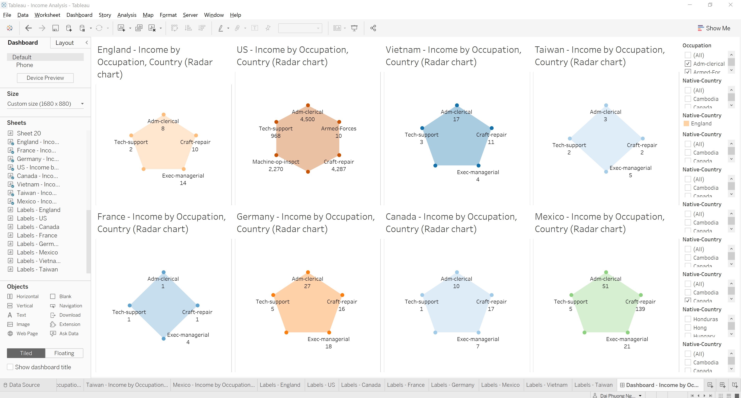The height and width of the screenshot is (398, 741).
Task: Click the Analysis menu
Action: [127, 15]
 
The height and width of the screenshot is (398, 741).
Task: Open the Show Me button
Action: [714, 28]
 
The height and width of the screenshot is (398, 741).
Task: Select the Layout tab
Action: [64, 43]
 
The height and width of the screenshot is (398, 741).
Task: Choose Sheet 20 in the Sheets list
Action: [29, 133]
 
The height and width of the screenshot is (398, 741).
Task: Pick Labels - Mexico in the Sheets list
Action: [37, 252]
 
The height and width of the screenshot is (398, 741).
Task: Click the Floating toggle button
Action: [64, 353]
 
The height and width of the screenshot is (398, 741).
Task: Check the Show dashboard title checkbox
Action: [10, 367]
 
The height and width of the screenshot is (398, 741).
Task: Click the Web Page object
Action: [27, 333]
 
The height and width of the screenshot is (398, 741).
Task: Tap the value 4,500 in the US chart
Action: [307, 119]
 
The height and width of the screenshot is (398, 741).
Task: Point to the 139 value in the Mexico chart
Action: [640, 309]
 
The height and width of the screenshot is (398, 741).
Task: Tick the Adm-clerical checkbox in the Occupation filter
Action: [688, 64]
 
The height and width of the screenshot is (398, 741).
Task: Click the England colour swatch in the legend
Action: [686, 123]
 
